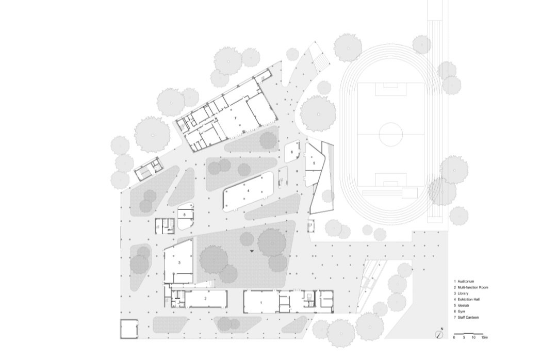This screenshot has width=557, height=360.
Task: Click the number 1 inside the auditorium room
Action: point(261,303)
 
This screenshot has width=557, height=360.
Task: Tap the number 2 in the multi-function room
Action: point(205,299)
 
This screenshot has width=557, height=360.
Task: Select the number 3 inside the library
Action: point(179,263)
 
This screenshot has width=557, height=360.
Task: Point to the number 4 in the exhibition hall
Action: point(248,191)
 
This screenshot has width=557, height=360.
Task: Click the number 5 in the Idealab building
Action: point(315,163)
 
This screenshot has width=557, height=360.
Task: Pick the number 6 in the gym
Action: point(292,152)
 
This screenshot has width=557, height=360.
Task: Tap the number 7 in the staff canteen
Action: point(235,118)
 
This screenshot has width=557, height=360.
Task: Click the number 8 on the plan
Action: point(184,215)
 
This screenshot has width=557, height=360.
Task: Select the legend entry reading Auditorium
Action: point(466,282)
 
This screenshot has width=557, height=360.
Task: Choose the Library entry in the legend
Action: point(463,293)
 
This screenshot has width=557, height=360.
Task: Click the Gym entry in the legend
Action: point(461,312)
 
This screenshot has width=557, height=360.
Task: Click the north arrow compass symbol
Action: point(439,335)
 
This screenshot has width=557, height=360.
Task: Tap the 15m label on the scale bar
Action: point(484,338)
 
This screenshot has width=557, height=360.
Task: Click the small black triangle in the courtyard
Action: point(252,251)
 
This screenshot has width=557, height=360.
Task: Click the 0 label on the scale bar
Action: point(454,338)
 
